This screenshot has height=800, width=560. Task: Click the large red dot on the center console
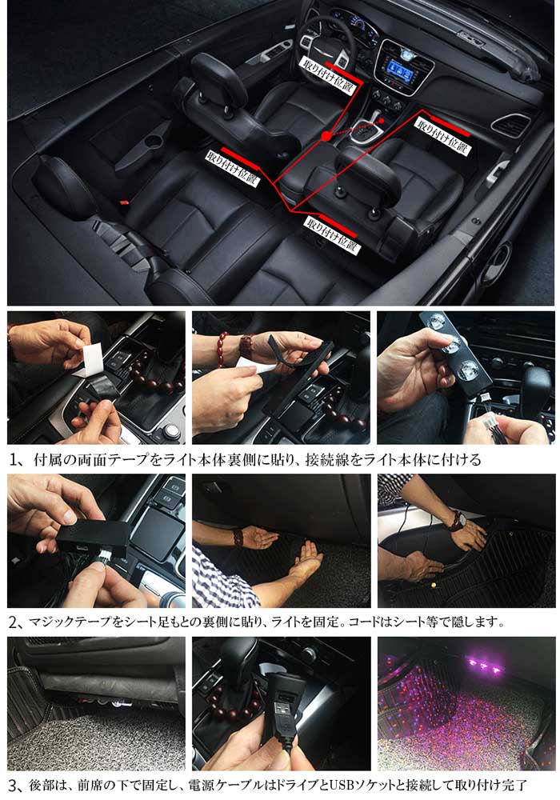[326, 137]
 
